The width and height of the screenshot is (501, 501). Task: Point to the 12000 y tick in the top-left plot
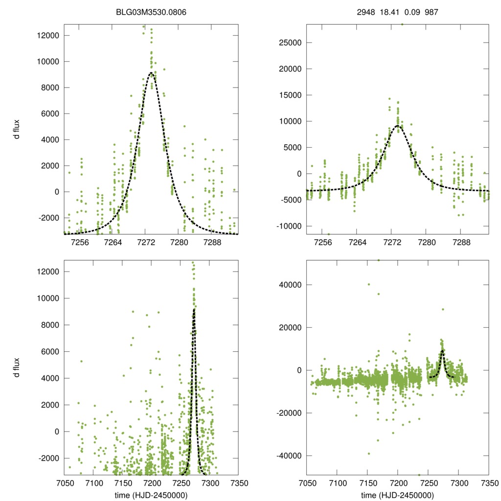pos(48,36)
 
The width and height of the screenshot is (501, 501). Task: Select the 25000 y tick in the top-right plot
pos(290,43)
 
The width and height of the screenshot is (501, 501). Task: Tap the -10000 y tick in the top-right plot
pos(289,226)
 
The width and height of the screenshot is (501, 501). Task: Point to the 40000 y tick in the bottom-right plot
pos(290,285)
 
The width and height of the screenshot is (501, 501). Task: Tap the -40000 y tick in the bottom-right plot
pos(289,456)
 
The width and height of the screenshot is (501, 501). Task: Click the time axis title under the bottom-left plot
pos(151,495)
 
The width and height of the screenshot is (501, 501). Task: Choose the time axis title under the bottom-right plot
pos(397,495)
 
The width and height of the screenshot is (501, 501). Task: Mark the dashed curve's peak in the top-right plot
pos(398,126)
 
